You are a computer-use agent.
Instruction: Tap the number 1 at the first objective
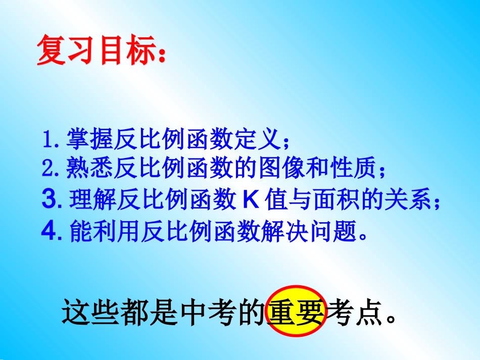click(48, 140)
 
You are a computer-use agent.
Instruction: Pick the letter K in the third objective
click(251, 200)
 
